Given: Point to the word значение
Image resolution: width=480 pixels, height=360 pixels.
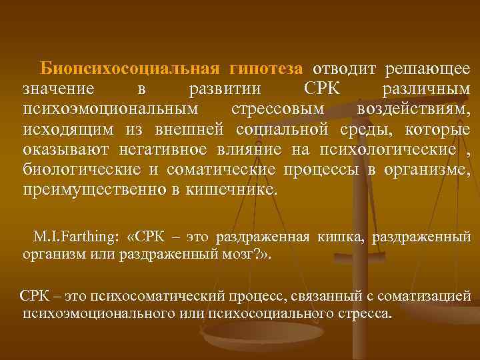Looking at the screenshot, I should pos(58,90).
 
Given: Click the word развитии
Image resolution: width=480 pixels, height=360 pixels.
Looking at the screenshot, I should pos(225,90).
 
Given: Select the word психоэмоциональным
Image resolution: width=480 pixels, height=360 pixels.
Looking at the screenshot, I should pos(109,109).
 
